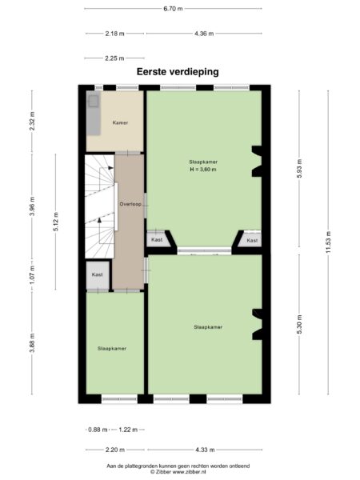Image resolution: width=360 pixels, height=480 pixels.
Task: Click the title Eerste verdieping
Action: (x=178, y=71)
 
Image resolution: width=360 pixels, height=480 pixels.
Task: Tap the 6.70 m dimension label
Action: (x=173, y=9)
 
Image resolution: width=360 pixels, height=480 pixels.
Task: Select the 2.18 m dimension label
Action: (x=114, y=34)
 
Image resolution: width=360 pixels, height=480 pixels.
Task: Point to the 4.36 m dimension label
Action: (x=204, y=34)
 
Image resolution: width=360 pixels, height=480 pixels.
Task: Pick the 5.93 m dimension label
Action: (x=298, y=170)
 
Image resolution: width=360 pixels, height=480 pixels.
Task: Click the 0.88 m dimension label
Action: (x=96, y=430)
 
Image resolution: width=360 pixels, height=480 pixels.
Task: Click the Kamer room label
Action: (x=121, y=123)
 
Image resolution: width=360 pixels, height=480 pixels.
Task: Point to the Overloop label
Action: (x=129, y=205)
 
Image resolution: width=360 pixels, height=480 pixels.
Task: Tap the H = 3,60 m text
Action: (x=203, y=170)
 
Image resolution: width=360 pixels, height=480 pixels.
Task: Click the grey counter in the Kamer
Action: (x=93, y=114)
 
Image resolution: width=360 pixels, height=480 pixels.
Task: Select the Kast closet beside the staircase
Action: (x=98, y=275)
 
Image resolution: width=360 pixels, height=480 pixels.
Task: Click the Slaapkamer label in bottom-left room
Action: (x=111, y=349)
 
